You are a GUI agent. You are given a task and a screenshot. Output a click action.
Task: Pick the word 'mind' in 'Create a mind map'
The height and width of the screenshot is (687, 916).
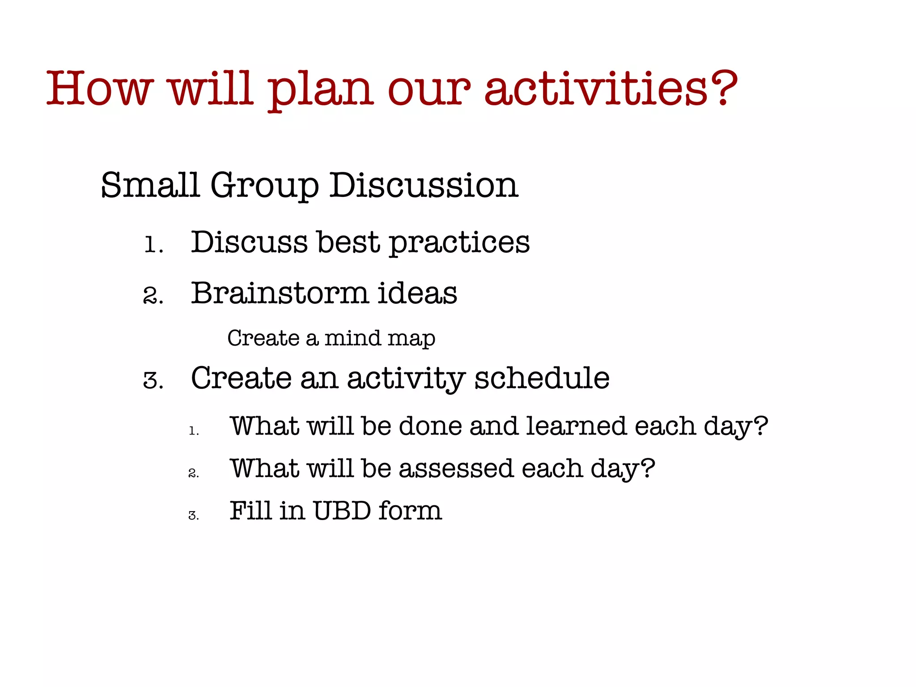352,338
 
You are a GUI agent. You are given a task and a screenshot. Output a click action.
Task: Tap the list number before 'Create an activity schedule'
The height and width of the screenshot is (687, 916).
153,381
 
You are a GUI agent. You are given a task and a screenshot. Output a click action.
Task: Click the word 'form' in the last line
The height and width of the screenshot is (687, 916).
410,511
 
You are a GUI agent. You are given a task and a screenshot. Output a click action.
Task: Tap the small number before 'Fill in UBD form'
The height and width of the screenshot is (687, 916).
193,516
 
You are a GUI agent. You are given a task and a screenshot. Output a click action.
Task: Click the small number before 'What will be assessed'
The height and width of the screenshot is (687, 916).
193,473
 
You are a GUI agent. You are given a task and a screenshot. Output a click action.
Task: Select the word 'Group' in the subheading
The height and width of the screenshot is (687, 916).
264,186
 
